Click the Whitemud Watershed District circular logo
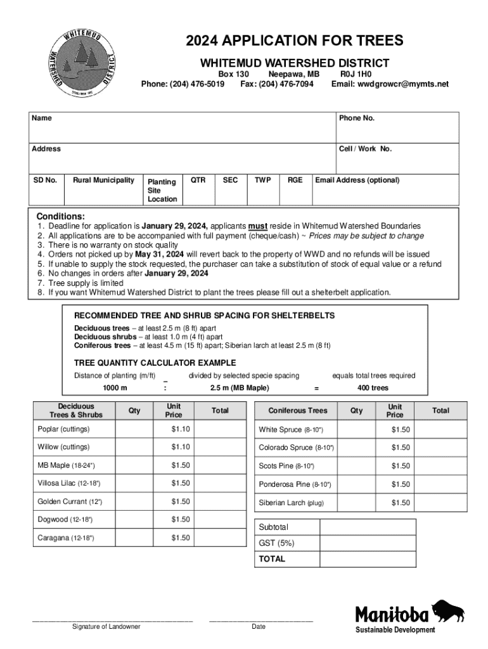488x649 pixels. coord(84,62)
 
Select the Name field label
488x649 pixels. coord(42,119)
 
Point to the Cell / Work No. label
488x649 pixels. coord(365,149)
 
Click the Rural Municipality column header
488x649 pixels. coord(103,180)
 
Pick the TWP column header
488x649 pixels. coord(262,180)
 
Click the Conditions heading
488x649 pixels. coord(60,216)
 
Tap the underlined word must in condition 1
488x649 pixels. coord(257,226)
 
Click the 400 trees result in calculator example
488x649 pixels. coord(373,388)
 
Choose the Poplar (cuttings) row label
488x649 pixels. coord(63,429)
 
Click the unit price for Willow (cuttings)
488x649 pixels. coord(180,447)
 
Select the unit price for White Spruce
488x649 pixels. coord(401,430)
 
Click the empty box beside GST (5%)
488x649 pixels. coord(368,543)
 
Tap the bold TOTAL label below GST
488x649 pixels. coord(272,559)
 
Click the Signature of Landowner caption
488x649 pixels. coord(106,627)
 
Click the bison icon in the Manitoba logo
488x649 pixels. coord(447,611)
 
